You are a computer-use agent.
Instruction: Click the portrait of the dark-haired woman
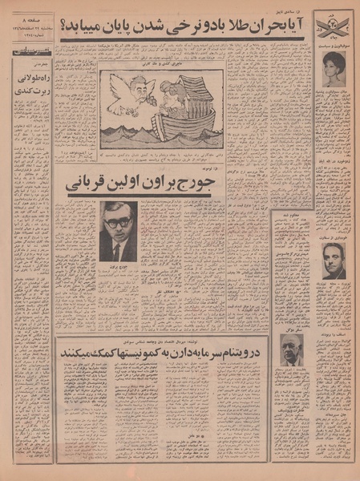tap(334, 69)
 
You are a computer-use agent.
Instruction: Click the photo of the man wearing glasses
tap(119, 230)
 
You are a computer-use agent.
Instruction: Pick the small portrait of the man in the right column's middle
tap(334, 260)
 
